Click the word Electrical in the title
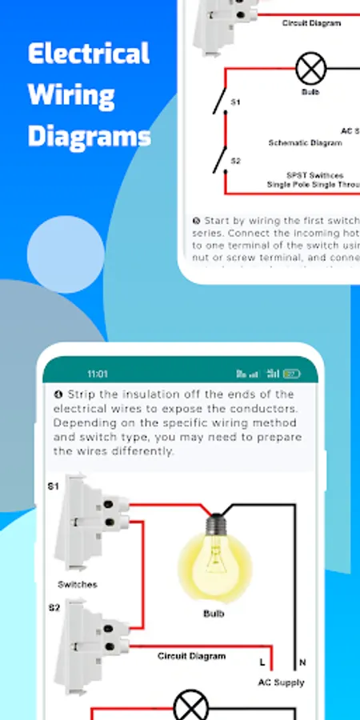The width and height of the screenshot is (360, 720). (88, 54)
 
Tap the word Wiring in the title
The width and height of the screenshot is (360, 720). (70, 95)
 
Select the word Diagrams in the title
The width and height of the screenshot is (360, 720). (90, 137)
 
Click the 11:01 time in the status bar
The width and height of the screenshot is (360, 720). (98, 374)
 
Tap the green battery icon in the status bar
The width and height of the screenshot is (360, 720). (292, 374)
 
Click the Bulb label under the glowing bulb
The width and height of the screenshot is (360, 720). (213, 614)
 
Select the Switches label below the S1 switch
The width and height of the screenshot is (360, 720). (78, 585)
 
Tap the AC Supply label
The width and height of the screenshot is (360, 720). (281, 682)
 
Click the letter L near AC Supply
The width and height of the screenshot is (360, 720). (262, 662)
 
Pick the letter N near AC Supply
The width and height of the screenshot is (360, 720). (301, 662)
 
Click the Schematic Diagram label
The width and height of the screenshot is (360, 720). (305, 142)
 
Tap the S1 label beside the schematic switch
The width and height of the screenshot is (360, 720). (235, 103)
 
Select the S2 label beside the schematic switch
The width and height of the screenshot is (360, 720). (235, 161)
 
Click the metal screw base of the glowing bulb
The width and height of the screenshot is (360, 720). (214, 525)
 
